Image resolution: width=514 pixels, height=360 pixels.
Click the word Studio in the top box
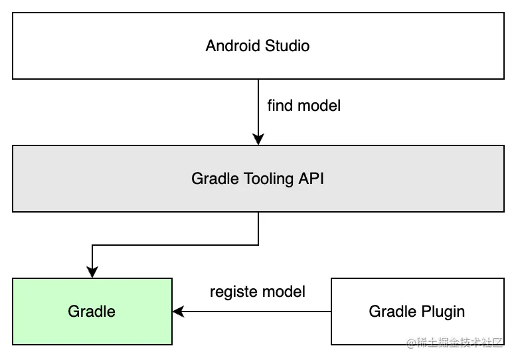pyautogui.click(x=287, y=46)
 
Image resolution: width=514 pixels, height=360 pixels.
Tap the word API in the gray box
pyautogui.click(x=311, y=179)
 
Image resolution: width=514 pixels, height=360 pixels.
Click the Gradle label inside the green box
pyautogui.click(x=92, y=312)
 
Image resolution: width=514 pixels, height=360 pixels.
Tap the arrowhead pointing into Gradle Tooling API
pyautogui.click(x=258, y=139)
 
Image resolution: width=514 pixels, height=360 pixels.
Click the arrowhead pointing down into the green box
pyautogui.click(x=92, y=272)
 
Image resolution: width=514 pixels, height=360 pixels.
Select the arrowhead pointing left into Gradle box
pyautogui.click(x=178, y=312)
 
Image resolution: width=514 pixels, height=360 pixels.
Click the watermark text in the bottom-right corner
pyautogui.click(x=456, y=343)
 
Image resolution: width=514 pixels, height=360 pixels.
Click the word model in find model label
pyautogui.click(x=319, y=106)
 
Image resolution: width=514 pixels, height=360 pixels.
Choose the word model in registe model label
pyautogui.click(x=284, y=292)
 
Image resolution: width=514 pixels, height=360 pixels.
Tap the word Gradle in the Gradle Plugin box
pyautogui.click(x=391, y=312)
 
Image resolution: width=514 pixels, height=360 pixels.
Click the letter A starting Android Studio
pyautogui.click(x=211, y=46)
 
